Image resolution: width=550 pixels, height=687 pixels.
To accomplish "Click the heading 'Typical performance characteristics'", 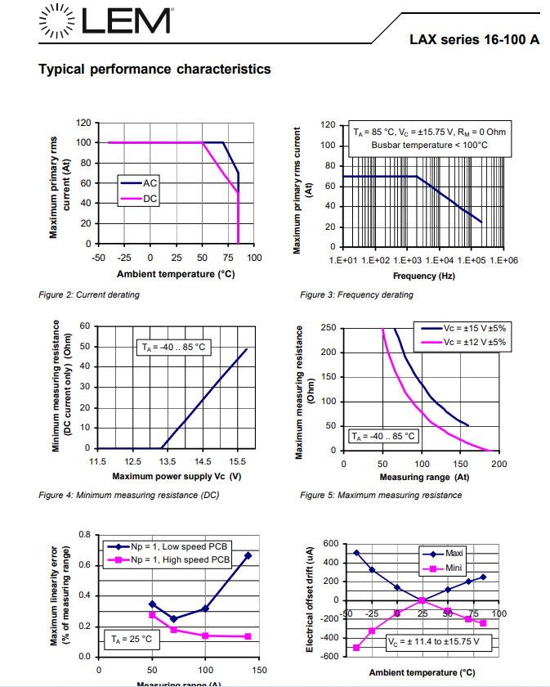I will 154,69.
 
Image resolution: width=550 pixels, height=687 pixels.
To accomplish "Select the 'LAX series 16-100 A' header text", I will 474,40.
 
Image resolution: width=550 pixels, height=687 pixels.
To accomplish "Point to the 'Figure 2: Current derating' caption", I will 89,294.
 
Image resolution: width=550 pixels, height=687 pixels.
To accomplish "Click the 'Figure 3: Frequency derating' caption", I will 356,294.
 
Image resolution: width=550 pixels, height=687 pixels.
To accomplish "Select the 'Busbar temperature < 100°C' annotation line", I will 429,145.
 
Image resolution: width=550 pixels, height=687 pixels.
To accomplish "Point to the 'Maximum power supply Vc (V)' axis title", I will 177,475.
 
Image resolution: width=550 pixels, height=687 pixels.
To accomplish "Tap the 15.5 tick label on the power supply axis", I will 238,462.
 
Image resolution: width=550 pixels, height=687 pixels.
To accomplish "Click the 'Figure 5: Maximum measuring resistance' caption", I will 381,495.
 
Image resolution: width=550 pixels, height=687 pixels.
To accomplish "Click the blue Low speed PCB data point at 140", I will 248,555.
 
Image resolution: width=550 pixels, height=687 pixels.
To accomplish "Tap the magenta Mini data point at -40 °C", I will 356,648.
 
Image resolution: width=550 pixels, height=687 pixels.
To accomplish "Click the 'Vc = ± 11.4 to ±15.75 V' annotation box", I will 433,642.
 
